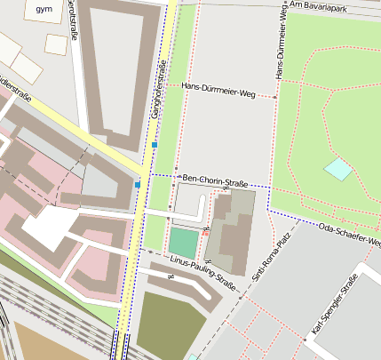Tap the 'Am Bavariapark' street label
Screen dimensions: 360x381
click(x=335, y=6)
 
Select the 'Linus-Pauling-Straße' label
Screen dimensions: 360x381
click(x=203, y=272)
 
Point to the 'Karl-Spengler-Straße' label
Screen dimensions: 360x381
click(x=333, y=308)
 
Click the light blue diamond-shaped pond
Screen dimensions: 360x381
click(x=337, y=168)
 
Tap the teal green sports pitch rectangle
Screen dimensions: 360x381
click(x=184, y=242)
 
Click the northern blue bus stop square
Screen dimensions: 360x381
click(x=155, y=144)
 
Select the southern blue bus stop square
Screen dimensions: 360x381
click(x=138, y=184)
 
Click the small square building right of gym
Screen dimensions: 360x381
click(x=56, y=44)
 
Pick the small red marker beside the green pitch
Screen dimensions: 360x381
click(x=206, y=232)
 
